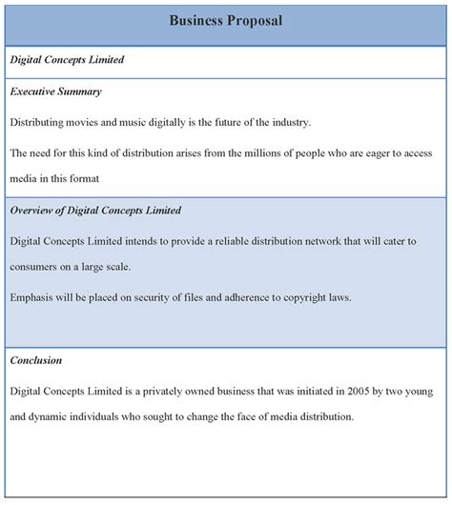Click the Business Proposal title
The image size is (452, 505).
[225, 20]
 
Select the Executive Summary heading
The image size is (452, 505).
[55, 91]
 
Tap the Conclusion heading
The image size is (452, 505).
[36, 360]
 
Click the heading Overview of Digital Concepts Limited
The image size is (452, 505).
[95, 210]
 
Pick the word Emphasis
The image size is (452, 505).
[35, 296]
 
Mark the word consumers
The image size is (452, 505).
[40, 267]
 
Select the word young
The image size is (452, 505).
[425, 390]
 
